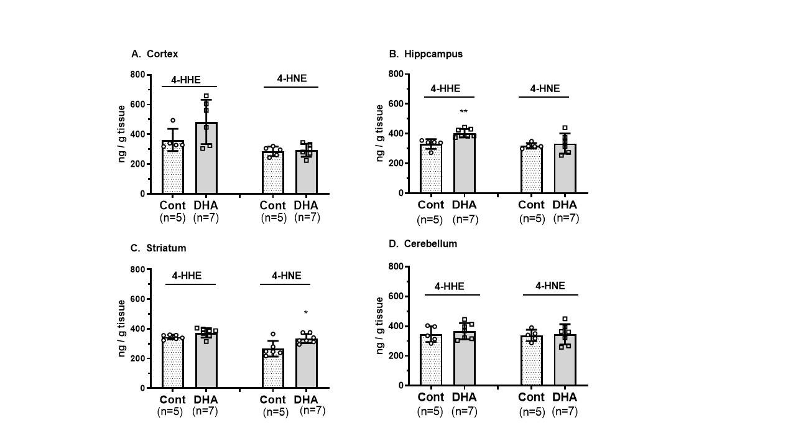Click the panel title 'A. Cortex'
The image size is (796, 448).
pos(155,54)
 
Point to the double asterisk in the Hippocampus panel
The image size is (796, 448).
pos(463,113)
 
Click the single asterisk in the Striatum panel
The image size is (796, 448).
pos(305,313)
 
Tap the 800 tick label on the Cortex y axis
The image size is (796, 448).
pos(137,75)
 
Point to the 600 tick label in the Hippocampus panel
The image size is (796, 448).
pos(396,104)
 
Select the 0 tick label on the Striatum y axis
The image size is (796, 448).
pos(143,388)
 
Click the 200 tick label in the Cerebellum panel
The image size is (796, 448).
pos(396,356)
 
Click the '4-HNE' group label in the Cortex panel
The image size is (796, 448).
pos(291,78)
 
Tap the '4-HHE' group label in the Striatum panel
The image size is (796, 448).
pos(190,276)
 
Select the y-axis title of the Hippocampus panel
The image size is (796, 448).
pos(380,134)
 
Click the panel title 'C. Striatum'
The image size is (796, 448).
pos(159,248)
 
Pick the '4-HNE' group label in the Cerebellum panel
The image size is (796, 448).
pos(550,286)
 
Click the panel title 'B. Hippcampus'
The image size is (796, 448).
pos(425,54)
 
